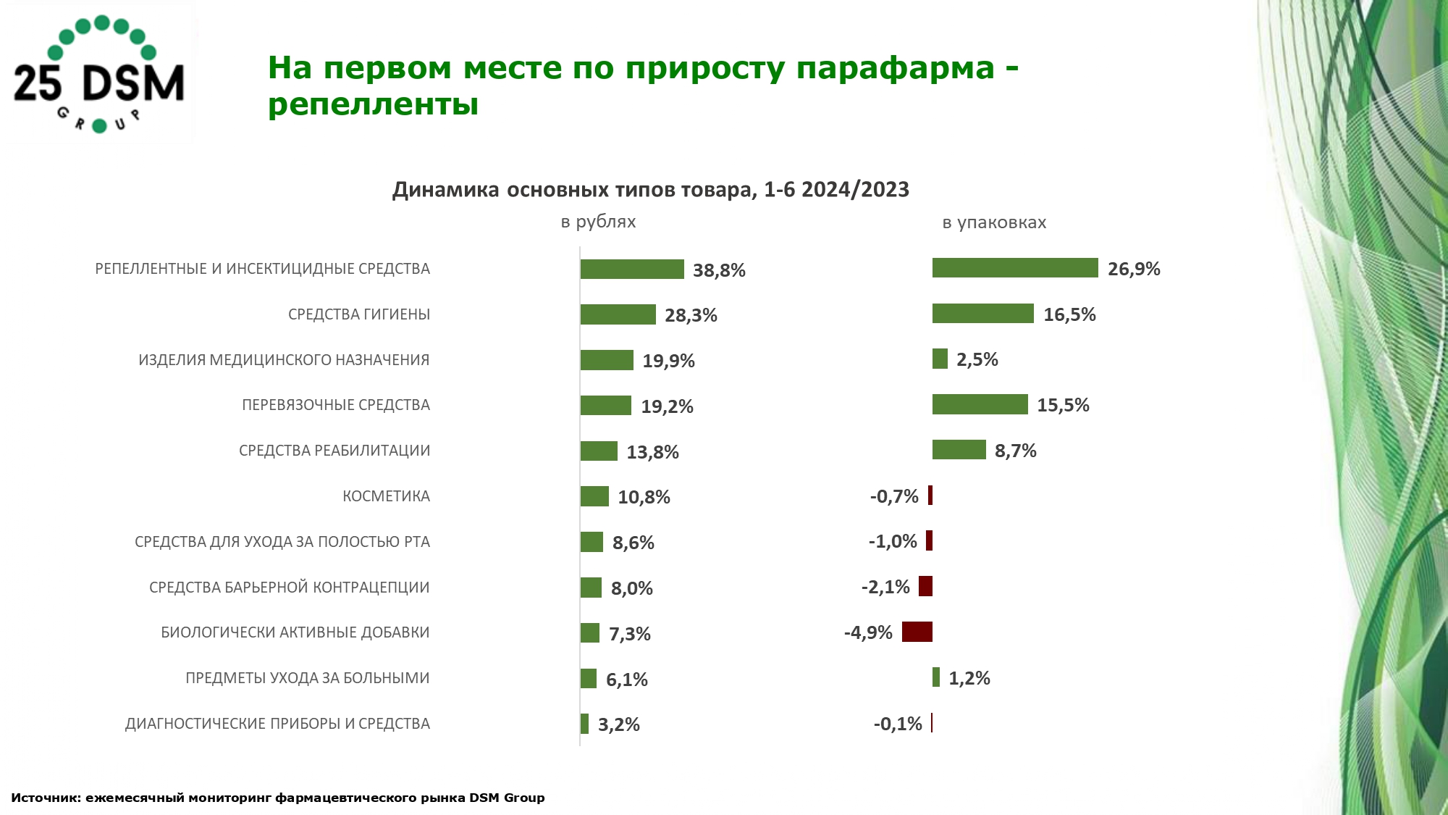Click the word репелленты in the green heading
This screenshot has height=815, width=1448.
click(x=373, y=104)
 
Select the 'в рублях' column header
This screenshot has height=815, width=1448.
click(x=598, y=222)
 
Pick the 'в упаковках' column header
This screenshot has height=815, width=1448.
click(x=994, y=222)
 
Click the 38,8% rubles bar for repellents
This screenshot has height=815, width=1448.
click(x=632, y=269)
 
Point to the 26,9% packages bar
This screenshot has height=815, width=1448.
click(x=1015, y=268)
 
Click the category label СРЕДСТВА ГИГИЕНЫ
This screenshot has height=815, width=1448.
click(x=359, y=314)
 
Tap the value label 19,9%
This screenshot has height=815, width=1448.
click(x=668, y=361)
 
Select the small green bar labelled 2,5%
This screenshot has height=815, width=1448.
click(x=940, y=359)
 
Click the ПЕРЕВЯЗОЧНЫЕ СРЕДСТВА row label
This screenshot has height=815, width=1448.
click(x=336, y=405)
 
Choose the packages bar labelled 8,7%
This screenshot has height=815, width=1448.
click(x=959, y=450)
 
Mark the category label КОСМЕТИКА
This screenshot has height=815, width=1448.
click(x=386, y=496)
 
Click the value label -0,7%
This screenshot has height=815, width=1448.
click(x=893, y=496)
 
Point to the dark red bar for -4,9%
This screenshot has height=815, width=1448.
click(x=917, y=632)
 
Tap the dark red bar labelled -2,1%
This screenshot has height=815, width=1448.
click(x=925, y=586)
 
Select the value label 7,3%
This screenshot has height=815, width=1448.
click(x=629, y=634)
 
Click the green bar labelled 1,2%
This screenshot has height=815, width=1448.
click(x=936, y=677)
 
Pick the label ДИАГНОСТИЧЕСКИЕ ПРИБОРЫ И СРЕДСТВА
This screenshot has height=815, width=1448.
click(x=277, y=724)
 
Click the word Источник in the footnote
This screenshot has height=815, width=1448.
click(x=45, y=798)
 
